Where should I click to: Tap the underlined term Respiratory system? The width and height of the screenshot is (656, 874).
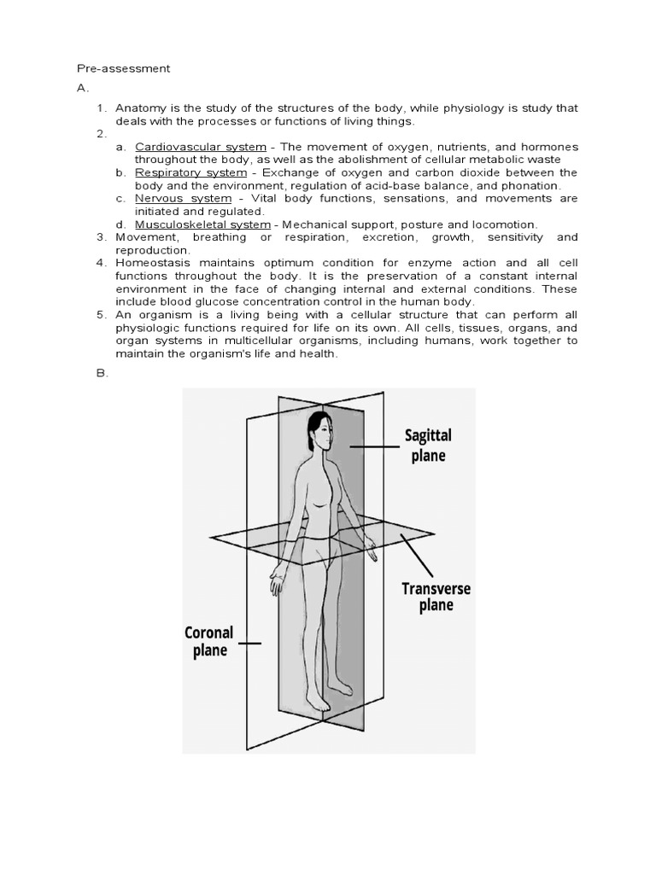point(179,172)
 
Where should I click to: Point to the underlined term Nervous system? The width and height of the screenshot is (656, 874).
point(171,198)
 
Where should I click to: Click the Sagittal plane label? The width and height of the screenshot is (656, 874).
point(428,446)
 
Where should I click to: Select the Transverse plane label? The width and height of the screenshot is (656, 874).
point(436,597)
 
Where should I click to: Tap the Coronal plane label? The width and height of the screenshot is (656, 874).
point(208,642)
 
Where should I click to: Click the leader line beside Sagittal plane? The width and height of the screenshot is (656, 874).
point(370,446)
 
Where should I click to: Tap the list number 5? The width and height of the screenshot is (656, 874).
point(100,315)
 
